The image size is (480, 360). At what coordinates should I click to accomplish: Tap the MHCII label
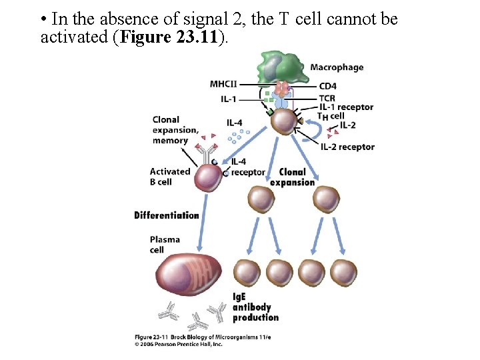click(222, 84)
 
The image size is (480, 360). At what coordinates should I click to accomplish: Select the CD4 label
click(327, 86)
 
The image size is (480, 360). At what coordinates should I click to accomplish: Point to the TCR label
click(327, 98)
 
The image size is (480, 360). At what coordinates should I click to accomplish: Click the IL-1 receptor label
click(346, 107)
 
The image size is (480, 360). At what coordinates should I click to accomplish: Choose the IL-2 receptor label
click(347, 147)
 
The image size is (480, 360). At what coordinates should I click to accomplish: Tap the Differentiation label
click(167, 215)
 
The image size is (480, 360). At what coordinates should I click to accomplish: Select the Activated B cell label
click(169, 176)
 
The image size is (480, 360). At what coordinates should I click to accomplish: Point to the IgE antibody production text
click(256, 307)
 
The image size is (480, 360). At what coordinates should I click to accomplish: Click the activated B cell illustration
click(206, 178)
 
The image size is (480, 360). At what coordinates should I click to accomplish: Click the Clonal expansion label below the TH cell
click(292, 177)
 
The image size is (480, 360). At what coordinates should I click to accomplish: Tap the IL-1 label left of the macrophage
click(228, 99)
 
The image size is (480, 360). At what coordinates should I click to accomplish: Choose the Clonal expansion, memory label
click(175, 130)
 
